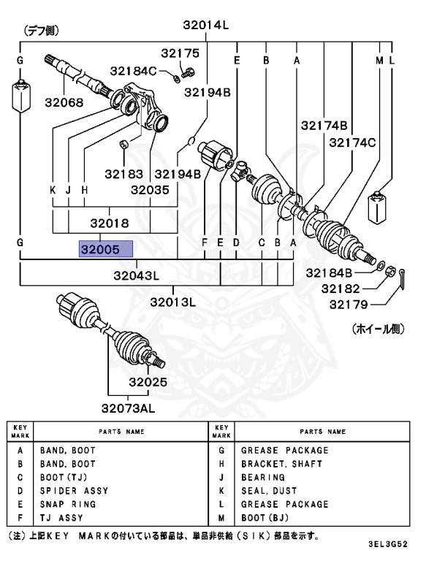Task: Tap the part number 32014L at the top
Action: tap(206, 26)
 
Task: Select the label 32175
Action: tap(180, 53)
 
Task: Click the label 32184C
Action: tap(134, 71)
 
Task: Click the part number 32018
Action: tap(110, 224)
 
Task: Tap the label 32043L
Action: tap(136, 275)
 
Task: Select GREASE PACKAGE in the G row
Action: tap(285, 451)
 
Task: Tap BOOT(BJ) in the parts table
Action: tap(270, 517)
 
